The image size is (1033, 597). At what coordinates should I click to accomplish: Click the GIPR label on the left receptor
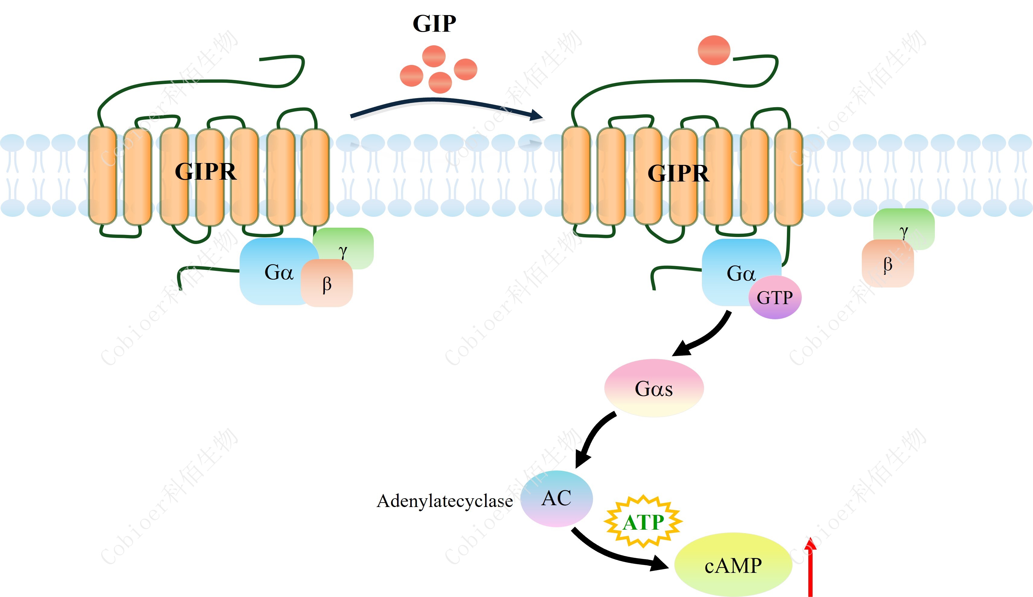205,172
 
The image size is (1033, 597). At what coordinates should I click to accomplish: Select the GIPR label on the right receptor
678,173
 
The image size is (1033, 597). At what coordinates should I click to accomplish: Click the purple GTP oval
775,297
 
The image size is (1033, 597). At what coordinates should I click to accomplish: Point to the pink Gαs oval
654,388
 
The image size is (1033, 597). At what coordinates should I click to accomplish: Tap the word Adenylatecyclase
444,501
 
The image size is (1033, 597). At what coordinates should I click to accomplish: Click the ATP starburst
643,522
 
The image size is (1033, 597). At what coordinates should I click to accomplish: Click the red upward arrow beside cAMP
810,570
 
